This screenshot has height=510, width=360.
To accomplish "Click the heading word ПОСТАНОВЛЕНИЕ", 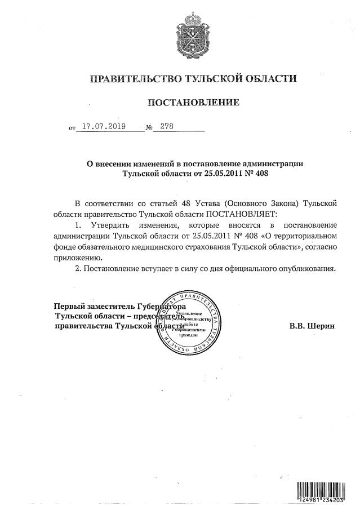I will [193, 103].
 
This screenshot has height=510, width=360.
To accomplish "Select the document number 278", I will [167, 127].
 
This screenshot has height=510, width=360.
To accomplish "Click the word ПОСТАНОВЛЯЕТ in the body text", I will [238, 214].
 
